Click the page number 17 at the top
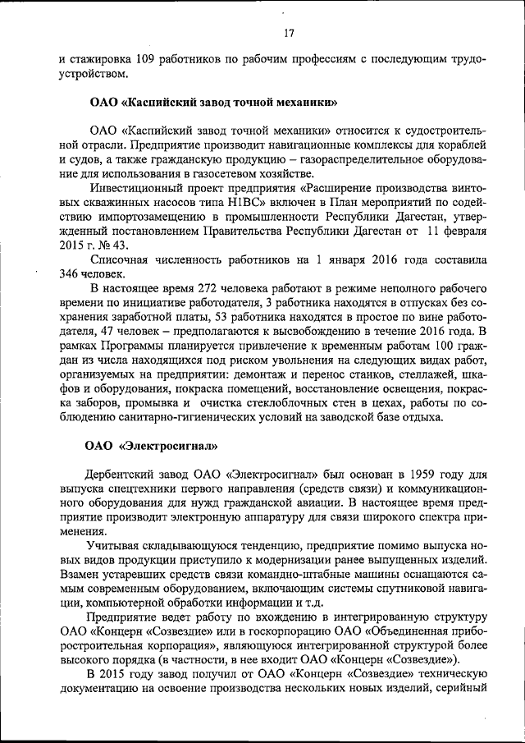(288, 34)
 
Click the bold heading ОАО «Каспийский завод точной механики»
(214, 104)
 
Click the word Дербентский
(118, 475)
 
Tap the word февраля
(466, 230)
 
